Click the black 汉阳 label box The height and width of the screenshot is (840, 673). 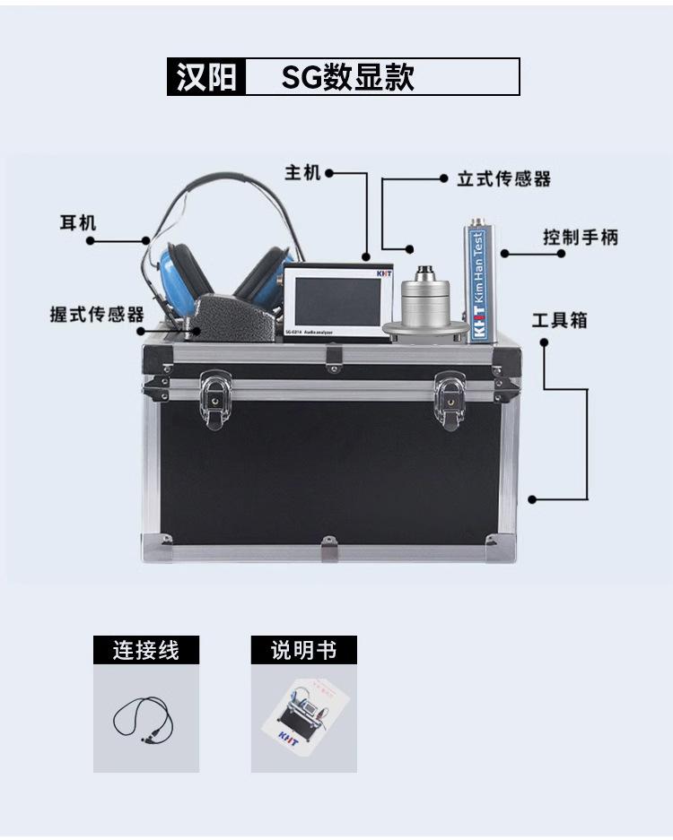[x=206, y=77]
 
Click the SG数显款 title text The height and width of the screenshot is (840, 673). [x=348, y=77]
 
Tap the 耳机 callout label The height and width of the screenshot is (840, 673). [x=78, y=221]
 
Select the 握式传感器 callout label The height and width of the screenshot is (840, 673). [x=97, y=315]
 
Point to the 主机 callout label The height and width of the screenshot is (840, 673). [x=302, y=172]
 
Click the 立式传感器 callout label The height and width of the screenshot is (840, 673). [x=503, y=178]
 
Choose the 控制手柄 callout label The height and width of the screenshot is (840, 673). [x=580, y=238]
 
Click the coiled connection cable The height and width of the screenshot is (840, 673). [x=142, y=718]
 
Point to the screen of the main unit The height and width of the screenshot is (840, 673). [x=337, y=301]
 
